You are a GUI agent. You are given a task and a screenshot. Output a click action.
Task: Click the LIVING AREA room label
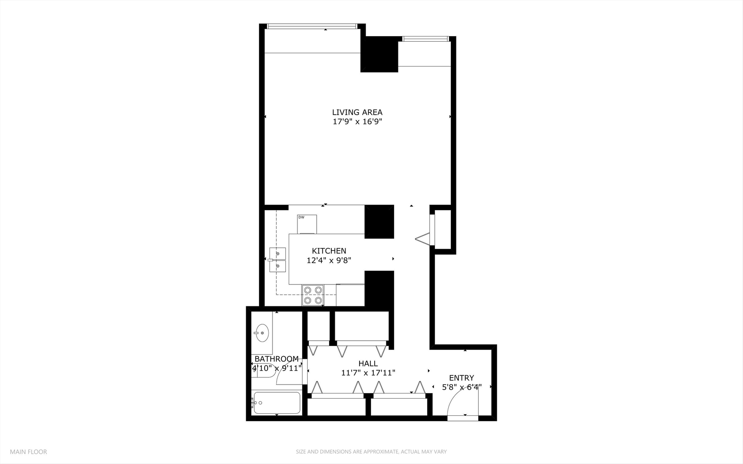pos(357,113)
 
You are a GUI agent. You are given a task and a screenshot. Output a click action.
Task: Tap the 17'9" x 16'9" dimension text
pos(357,122)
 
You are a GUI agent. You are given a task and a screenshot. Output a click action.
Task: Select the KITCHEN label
pos(329,251)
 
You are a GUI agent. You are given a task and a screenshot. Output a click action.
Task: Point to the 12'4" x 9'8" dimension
pos(329,260)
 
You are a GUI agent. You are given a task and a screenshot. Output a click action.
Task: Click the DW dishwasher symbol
pos(307,224)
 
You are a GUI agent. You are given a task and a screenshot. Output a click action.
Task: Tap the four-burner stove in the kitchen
pos(313,295)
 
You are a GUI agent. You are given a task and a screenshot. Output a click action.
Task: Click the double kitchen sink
pos(278,260)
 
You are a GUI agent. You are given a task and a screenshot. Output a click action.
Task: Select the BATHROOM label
pos(276,359)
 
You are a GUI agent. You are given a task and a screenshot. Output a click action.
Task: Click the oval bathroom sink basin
pos(262,333)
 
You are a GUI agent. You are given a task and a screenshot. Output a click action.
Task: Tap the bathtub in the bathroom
pos(277,403)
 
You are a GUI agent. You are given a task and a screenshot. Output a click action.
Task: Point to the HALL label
pos(368,363)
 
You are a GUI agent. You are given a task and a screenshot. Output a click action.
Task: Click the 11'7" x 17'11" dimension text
pos(368,373)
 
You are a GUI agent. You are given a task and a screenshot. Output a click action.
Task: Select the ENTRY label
pos(461,378)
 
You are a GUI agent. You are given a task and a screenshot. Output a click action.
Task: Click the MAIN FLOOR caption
pos(28,452)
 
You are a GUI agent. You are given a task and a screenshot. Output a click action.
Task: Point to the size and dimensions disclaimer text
pos(371,452)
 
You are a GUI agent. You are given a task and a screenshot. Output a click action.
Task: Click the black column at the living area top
pos(379,54)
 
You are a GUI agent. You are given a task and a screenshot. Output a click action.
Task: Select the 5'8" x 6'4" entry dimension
pos(462,387)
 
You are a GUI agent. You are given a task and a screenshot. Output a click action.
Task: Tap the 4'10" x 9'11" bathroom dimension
pos(277,368)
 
